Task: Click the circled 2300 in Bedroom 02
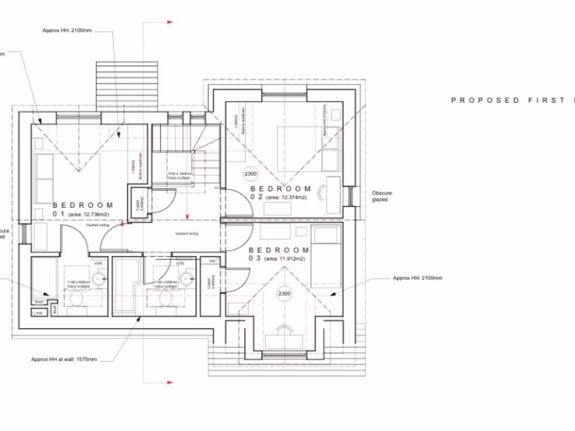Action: coord(250,174)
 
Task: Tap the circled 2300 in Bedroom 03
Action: coord(284,294)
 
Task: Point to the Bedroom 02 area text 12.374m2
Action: coord(286,198)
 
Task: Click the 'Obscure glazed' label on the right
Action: coord(382,196)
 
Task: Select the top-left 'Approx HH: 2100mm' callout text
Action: coord(67,30)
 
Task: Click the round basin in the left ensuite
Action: coord(99,277)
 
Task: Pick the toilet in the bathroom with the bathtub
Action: coord(165,299)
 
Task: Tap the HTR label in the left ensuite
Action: coord(99,263)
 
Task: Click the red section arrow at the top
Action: coord(169,22)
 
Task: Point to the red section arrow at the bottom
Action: coord(169,382)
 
